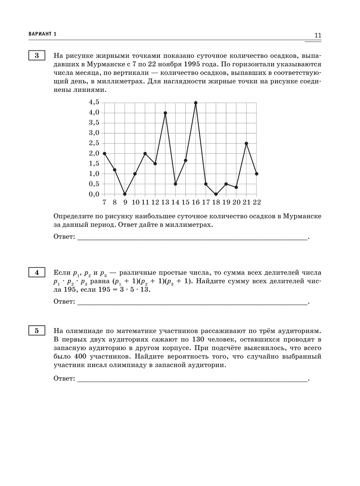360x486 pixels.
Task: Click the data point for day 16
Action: pyautogui.click(x=195, y=103)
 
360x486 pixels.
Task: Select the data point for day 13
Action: pyautogui.click(x=165, y=113)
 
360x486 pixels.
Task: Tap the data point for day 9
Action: pyautogui.click(x=125, y=194)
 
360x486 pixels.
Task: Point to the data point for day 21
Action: pyautogui.click(x=246, y=143)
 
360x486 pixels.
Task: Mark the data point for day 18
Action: pyautogui.click(x=216, y=194)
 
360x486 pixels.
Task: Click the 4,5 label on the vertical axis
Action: pyautogui.click(x=94, y=102)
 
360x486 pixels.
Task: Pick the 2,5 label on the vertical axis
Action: pyautogui.click(x=94, y=143)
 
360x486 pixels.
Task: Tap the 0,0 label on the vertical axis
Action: pyautogui.click(x=94, y=194)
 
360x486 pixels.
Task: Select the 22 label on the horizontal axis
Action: pyautogui.click(x=257, y=202)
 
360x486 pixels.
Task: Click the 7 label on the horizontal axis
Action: pyautogui.click(x=104, y=202)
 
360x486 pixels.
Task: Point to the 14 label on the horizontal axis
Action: pyautogui.click(x=175, y=202)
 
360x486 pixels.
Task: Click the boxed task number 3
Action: pyautogui.click(x=37, y=56)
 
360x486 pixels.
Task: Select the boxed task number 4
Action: pyautogui.click(x=37, y=273)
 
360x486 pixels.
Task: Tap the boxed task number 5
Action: pyautogui.click(x=37, y=331)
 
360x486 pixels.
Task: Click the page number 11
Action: pyautogui.click(x=318, y=35)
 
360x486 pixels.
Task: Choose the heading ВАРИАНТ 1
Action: pyautogui.click(x=42, y=34)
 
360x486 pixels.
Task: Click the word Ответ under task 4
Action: pyautogui.click(x=64, y=302)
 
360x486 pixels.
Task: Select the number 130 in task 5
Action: pyautogui.click(x=199, y=339)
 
